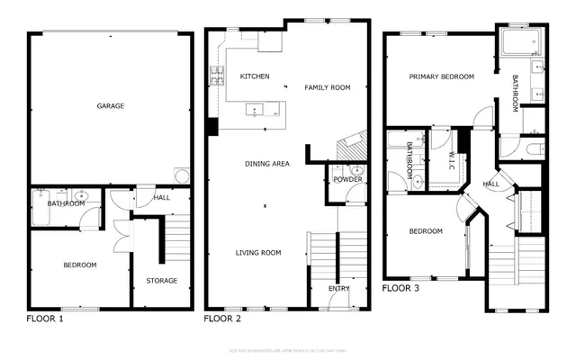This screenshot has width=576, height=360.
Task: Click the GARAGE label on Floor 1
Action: point(111,106)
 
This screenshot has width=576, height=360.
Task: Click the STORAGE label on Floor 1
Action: point(162,281)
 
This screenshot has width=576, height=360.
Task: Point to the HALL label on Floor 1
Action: point(161,197)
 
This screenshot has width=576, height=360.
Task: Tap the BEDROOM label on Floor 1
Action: point(79,265)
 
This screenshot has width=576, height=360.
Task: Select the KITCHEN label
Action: point(255,77)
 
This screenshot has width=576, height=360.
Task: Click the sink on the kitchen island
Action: point(255,112)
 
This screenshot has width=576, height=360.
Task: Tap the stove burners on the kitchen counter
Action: point(217,78)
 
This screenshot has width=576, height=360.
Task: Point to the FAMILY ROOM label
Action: point(327,87)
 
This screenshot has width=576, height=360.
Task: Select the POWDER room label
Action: point(347,179)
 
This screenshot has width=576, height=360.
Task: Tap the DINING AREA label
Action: point(267,164)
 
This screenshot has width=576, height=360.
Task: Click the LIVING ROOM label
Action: point(259,253)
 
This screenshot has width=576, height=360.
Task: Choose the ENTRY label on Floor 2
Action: point(339,289)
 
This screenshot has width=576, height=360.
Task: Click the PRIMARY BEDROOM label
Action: point(441,77)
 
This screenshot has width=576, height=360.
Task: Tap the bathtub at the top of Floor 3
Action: point(518,44)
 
